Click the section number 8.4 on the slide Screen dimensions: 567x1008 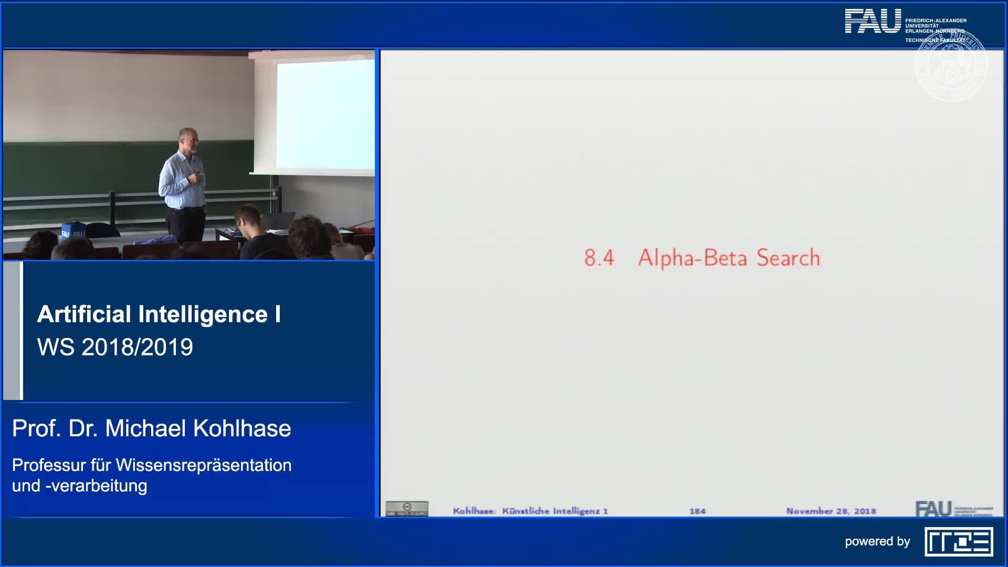599,258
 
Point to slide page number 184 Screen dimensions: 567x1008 697,511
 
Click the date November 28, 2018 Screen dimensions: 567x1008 831,511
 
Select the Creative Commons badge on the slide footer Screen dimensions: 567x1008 407,508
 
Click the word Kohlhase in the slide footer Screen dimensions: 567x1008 474,511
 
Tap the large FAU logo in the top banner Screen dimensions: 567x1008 873,21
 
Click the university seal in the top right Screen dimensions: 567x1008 951,66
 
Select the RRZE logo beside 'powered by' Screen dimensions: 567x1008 959,542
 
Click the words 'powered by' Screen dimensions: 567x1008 877,542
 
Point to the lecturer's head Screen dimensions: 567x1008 188,140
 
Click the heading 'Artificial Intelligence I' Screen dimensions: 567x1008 159,314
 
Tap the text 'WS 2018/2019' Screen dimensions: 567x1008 115,347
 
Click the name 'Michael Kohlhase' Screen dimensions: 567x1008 198,428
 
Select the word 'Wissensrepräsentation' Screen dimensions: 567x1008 203,465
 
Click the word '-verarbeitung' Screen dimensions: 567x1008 96,486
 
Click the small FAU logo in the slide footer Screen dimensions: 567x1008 933,509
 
